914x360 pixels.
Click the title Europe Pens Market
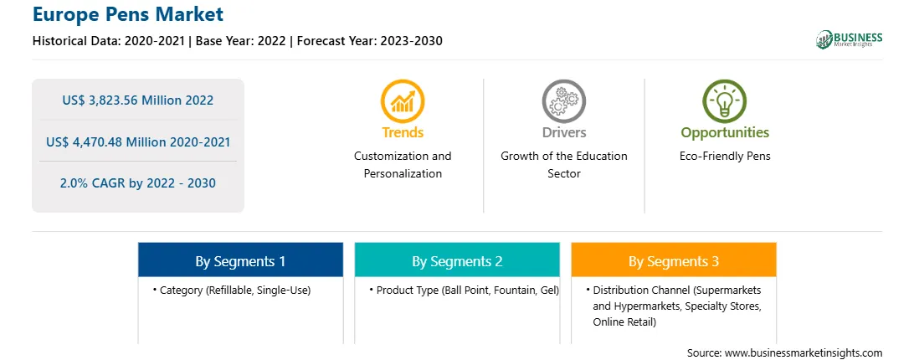[x=128, y=14]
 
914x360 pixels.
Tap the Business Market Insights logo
[x=849, y=39]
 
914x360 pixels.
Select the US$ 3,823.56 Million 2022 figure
[x=138, y=100]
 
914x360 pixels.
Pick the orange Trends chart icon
[x=403, y=101]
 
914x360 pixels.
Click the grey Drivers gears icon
[x=563, y=101]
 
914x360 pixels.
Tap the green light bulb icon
[x=725, y=101]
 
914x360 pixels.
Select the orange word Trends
[x=403, y=132]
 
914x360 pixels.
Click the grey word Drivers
[x=563, y=132]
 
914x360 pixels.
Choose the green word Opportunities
[x=725, y=133]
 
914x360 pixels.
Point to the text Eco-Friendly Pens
[x=725, y=157]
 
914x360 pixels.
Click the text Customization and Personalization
[x=403, y=165]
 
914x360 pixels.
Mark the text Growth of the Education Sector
[x=563, y=165]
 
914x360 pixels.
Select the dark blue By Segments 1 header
[x=241, y=260]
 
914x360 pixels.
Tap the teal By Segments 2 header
[x=457, y=260]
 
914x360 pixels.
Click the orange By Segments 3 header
[x=674, y=260]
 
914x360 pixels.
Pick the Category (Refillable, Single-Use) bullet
[x=232, y=290]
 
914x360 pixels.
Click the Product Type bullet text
[x=464, y=290]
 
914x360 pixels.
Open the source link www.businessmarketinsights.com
[x=804, y=353]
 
